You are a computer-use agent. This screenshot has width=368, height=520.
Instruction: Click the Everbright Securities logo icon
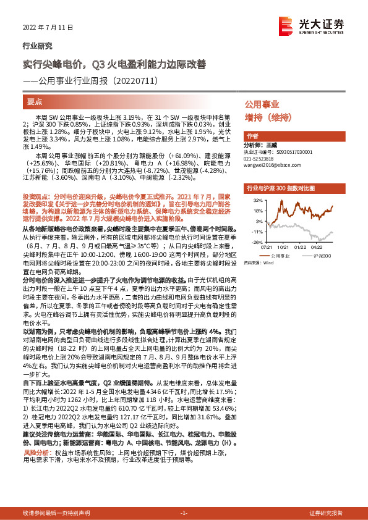pos(286,25)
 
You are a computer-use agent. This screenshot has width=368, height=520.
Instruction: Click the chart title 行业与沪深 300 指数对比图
pos(281,187)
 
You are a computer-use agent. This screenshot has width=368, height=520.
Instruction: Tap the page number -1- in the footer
pos(184,513)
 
